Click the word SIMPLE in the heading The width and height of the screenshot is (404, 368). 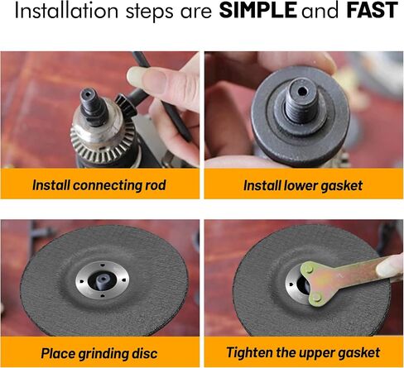[x=257, y=11]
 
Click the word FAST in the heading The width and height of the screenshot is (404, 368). [x=372, y=11]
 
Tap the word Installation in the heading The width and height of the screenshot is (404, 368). [x=66, y=11]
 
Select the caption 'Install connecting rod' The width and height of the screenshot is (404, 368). [x=99, y=185]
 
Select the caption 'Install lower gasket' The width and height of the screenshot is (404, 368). [x=303, y=185]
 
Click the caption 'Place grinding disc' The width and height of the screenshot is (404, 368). [x=99, y=353]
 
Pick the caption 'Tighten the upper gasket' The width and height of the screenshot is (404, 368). [x=303, y=353]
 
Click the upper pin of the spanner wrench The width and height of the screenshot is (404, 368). [x=310, y=269]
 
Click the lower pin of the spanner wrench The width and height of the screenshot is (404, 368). [x=316, y=297]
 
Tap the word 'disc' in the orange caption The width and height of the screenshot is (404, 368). [x=144, y=353]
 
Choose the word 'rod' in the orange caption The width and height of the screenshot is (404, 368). [x=156, y=185]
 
